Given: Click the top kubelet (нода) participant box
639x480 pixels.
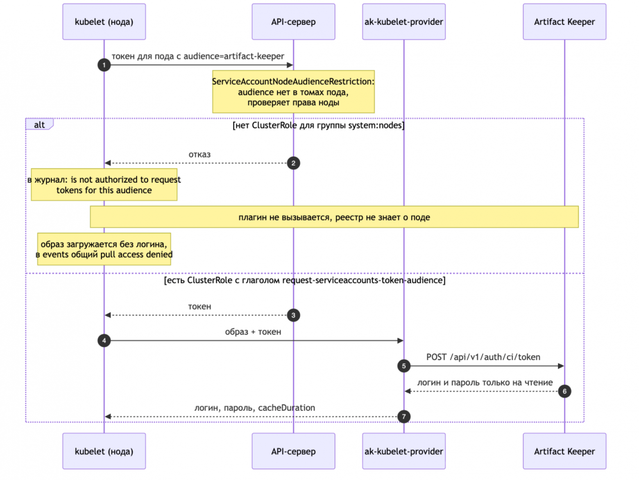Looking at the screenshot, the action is tap(104, 22).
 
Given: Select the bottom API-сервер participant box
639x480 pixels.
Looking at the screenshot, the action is tap(293, 451).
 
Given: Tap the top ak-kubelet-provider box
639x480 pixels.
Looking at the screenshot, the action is tap(403, 22).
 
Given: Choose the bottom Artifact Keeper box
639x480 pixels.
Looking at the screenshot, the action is tap(564, 451).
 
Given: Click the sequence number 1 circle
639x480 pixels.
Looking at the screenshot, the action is tap(104, 65).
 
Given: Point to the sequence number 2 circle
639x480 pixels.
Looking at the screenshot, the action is tap(293, 163).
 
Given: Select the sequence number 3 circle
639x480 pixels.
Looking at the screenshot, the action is tap(293, 315).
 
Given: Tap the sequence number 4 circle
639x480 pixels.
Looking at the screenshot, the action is tap(104, 340).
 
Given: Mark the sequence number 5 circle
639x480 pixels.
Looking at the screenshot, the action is tap(403, 366).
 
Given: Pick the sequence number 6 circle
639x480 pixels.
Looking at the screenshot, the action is tap(564, 391).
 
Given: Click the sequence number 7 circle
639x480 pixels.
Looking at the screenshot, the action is tap(403, 417).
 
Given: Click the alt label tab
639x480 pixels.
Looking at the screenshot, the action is tap(39, 124).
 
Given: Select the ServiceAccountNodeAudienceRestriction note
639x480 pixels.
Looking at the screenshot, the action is tap(293, 92).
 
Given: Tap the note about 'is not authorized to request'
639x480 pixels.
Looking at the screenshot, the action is tap(104, 185).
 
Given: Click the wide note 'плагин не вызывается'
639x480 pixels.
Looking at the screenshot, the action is tap(334, 217).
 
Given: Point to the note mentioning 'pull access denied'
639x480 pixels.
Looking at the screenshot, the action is tap(104, 249).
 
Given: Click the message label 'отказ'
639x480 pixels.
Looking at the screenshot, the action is tap(199, 154).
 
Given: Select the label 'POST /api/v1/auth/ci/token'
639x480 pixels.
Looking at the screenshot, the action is tap(483, 357).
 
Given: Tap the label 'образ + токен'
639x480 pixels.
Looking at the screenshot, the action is tap(253, 332).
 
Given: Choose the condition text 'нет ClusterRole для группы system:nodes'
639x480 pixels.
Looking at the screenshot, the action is tap(319, 125).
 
